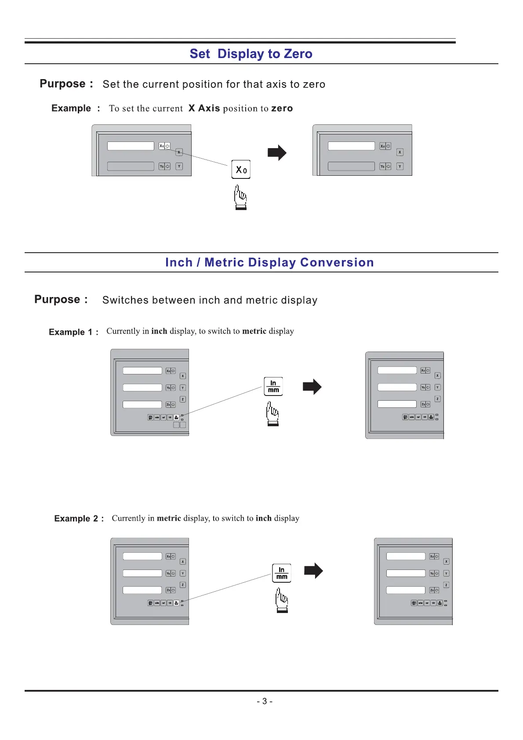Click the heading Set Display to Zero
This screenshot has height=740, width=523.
click(251, 54)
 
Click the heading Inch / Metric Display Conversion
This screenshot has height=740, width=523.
click(269, 262)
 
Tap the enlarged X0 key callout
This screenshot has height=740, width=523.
click(241, 170)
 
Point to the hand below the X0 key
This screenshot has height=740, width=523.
click(240, 197)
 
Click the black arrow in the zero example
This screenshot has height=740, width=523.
click(277, 153)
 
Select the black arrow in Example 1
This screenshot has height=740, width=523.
click(312, 387)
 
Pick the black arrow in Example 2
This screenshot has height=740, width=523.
click(313, 571)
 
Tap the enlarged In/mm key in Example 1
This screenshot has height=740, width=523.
click(273, 387)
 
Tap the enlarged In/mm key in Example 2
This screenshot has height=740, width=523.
click(282, 573)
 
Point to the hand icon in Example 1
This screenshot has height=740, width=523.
click(272, 414)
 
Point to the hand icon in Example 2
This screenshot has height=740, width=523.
click(282, 601)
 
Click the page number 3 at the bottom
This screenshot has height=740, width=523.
click(265, 701)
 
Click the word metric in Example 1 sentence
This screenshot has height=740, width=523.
click(254, 331)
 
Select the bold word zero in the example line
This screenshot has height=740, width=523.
click(282, 109)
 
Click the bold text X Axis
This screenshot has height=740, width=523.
click(204, 109)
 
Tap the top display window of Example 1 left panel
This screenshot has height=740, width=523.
click(142, 370)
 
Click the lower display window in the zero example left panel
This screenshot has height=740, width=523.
click(131, 166)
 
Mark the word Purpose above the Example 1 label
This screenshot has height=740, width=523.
click(58, 300)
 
